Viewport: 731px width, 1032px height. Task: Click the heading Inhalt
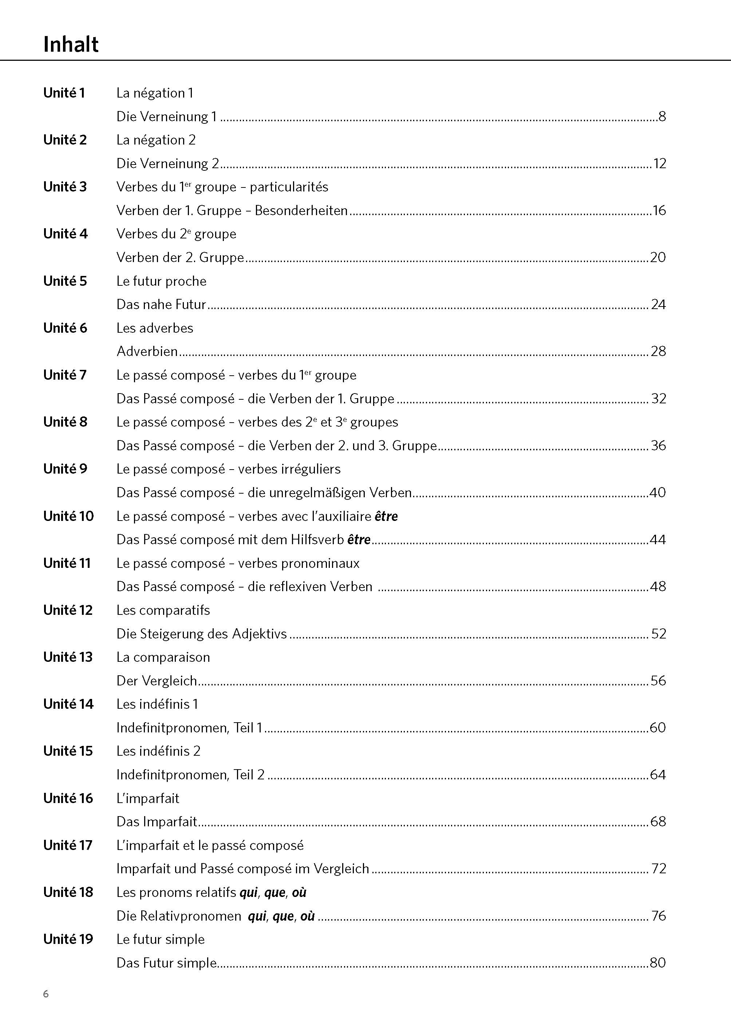(x=71, y=44)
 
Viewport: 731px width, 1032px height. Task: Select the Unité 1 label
(x=64, y=93)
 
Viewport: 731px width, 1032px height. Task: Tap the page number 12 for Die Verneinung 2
(x=659, y=163)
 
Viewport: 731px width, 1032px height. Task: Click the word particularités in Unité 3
(x=289, y=187)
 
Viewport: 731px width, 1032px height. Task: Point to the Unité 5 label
(x=65, y=281)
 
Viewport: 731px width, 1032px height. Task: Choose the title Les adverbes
(x=154, y=328)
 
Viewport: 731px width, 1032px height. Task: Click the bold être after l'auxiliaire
(x=386, y=516)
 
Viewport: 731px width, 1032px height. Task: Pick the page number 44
(x=657, y=539)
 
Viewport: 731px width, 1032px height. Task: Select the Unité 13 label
(x=67, y=657)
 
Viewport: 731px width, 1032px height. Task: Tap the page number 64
(x=657, y=775)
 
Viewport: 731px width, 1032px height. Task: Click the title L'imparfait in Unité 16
(x=148, y=798)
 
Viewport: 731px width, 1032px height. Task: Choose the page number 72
(x=659, y=868)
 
